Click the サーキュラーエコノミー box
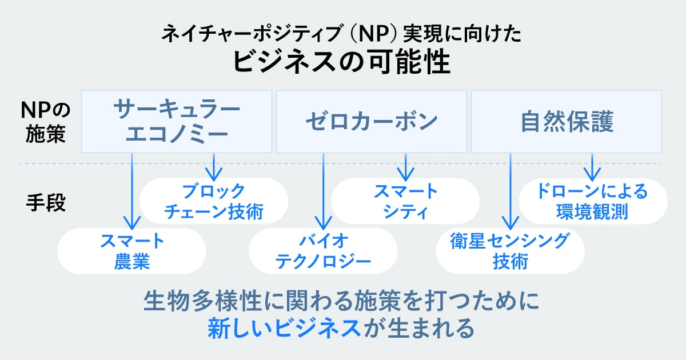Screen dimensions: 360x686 click(x=176, y=121)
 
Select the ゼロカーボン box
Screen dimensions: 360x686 click(x=371, y=121)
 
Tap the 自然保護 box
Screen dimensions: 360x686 click(x=566, y=121)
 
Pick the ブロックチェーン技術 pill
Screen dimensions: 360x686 click(x=214, y=201)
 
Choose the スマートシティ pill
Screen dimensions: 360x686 click(x=405, y=201)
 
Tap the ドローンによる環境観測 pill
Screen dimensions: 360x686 click(x=592, y=201)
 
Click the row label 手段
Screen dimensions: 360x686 click(x=46, y=203)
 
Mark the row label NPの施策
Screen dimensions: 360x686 click(x=46, y=122)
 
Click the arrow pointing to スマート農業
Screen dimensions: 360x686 click(x=132, y=191)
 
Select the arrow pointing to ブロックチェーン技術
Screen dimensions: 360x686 click(x=214, y=166)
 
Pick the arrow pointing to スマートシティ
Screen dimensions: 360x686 click(x=405, y=166)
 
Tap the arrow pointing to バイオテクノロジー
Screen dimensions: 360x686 click(x=324, y=191)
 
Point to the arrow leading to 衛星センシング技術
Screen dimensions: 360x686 click(x=510, y=191)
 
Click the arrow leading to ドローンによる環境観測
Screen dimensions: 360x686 click(x=592, y=166)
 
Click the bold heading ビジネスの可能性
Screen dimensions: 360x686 click(x=342, y=62)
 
